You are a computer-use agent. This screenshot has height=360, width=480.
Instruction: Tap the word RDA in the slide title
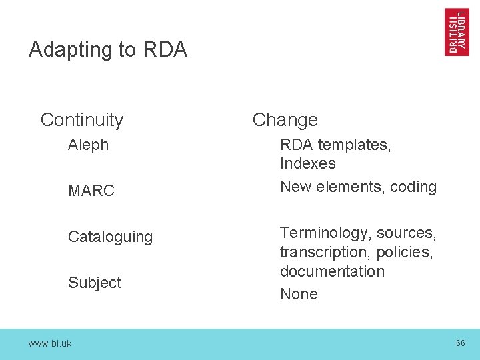(165, 50)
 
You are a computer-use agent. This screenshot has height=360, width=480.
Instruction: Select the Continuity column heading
(82, 120)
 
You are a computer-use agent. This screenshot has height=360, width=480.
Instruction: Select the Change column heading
(285, 120)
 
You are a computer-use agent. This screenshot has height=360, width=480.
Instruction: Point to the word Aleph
(88, 145)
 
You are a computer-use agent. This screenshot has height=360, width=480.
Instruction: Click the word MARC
(91, 191)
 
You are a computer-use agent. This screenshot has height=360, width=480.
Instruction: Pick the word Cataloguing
(110, 237)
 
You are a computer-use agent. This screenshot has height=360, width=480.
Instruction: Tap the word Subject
(95, 283)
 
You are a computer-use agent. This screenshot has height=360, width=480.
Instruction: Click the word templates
(355, 145)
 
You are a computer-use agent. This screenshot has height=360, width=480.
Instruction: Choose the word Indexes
(307, 163)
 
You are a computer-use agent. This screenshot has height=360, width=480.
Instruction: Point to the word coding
(413, 187)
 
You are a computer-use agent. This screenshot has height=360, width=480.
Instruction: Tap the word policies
(405, 253)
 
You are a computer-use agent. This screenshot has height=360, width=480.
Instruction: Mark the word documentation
(332, 271)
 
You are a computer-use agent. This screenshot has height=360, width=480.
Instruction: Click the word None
(299, 294)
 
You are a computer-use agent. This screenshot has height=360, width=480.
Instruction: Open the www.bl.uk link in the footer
(50, 343)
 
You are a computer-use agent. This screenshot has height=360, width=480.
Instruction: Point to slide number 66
(460, 343)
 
